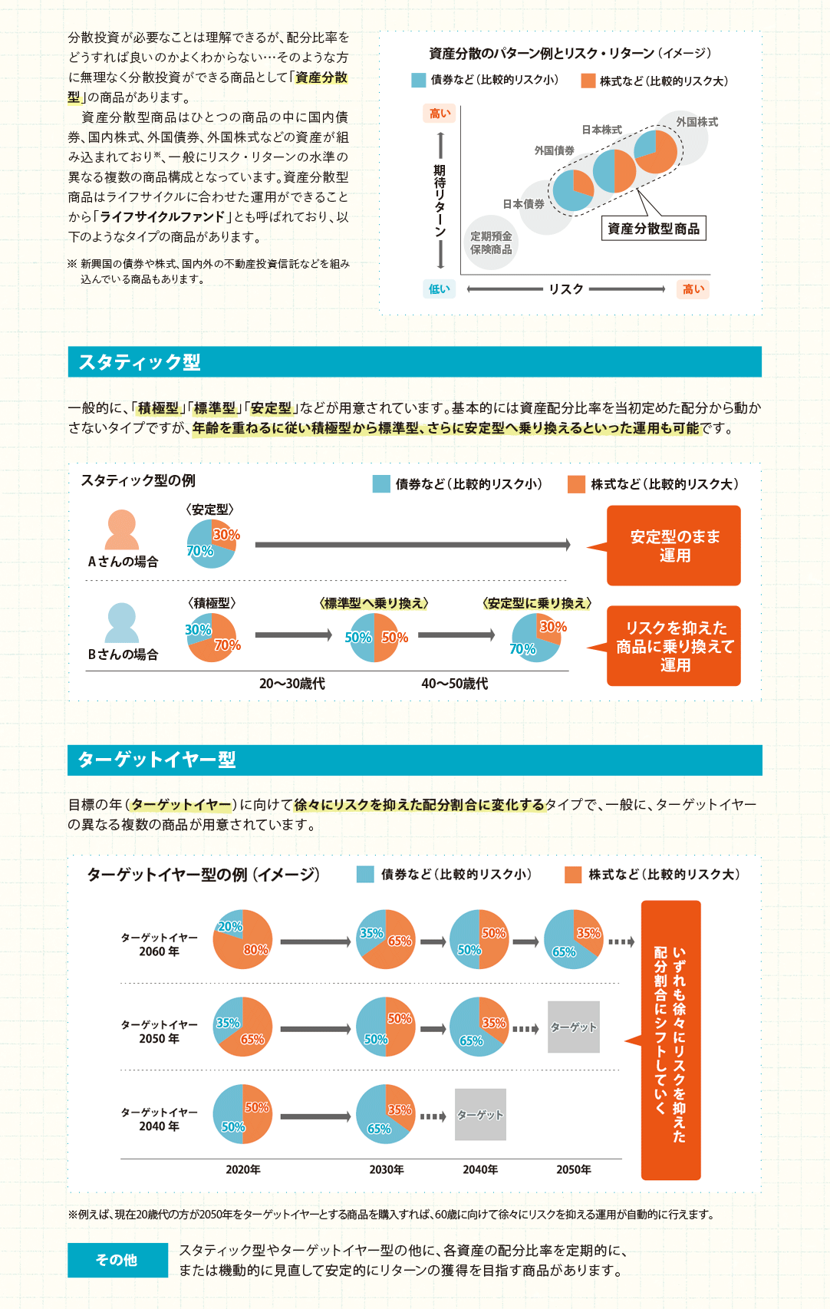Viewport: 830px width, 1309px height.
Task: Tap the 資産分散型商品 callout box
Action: pyautogui.click(x=653, y=229)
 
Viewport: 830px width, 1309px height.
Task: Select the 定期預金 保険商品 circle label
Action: pyautogui.click(x=491, y=243)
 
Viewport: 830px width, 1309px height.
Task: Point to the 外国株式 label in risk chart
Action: pyautogui.click(x=697, y=122)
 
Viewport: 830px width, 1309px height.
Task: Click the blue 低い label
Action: pyautogui.click(x=439, y=289)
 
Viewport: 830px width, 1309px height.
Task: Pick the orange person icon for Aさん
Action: pyautogui.click(x=121, y=530)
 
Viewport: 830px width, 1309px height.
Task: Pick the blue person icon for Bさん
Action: pyautogui.click(x=121, y=623)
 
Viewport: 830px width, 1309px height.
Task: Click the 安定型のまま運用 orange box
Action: pyautogui.click(x=674, y=546)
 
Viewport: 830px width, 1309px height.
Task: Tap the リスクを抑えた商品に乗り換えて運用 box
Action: pyautogui.click(x=674, y=646)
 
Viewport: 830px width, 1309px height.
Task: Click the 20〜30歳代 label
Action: pyautogui.click(x=291, y=684)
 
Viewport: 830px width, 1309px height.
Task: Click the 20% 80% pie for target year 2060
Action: pyautogui.click(x=242, y=940)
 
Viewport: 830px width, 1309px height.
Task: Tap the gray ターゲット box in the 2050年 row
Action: pyautogui.click(x=573, y=1027)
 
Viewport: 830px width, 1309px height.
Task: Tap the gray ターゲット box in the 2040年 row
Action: pyautogui.click(x=480, y=1114)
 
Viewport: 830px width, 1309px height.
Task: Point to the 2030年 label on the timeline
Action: pyautogui.click(x=386, y=1169)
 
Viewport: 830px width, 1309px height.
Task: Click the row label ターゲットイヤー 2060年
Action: pyautogui.click(x=159, y=945)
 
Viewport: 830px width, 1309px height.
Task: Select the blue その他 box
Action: pyautogui.click(x=117, y=1260)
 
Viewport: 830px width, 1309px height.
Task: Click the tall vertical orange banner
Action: pyautogui.click(x=671, y=1040)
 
